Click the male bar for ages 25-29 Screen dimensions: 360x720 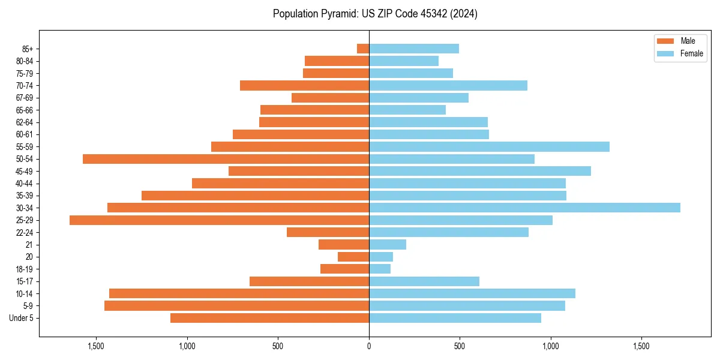219,220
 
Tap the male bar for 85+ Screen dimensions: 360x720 363,49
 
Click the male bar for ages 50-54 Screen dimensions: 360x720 226,159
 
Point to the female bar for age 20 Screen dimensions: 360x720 381,257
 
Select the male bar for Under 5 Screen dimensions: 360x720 269,318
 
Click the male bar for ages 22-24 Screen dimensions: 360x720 328,232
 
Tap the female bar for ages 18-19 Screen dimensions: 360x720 380,269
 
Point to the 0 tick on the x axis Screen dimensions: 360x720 369,346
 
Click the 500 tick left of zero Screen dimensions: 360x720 278,346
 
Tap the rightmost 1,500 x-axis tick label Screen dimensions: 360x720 641,346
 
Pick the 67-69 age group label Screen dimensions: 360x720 25,98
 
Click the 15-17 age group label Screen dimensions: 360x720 25,281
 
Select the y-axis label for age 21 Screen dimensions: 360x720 29,245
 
